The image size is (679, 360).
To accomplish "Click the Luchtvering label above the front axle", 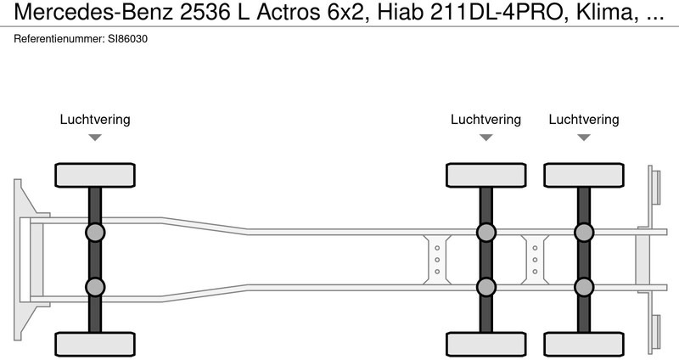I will coord(95,120).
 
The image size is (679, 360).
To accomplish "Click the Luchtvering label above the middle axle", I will coord(485,120).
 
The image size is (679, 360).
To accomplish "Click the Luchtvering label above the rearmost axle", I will coord(584,120).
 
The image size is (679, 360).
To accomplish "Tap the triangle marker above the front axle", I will coord(95,138).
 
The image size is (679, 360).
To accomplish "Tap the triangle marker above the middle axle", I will coord(485,138).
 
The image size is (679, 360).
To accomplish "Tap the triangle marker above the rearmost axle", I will coord(584,138).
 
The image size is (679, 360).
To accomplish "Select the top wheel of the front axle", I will coord(95,175).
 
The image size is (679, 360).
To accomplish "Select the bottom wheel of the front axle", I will coord(95,344).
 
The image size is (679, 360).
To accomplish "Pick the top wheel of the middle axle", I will coord(485,175).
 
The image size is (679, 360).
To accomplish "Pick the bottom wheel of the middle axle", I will coord(485,344).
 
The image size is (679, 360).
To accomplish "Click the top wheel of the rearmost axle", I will coord(584,175).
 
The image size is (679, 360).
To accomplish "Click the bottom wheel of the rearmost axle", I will coord(584,344).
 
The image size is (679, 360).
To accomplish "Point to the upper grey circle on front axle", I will coord(95,232).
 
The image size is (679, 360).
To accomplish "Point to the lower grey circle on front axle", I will coord(95,287).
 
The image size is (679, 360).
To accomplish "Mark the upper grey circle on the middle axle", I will coord(485,232).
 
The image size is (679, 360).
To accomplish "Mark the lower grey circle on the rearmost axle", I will coord(584,287).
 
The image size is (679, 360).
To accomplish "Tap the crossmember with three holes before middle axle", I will coord(436,259).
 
